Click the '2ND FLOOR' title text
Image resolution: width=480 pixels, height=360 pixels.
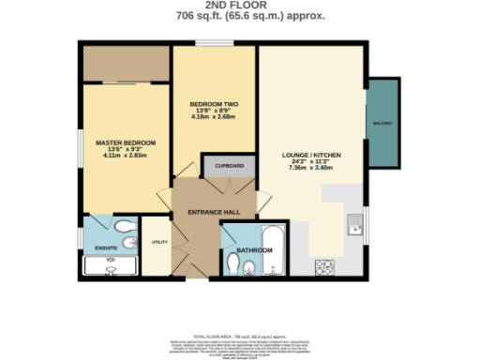click(x=239, y=6)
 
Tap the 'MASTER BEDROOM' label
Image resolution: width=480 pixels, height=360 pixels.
click(x=126, y=142)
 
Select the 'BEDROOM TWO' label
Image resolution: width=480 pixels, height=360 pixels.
click(x=214, y=103)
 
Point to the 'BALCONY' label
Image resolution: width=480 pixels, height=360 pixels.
click(x=382, y=124)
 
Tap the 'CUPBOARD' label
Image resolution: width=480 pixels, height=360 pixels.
click(x=230, y=166)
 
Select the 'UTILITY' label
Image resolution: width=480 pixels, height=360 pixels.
click(x=157, y=242)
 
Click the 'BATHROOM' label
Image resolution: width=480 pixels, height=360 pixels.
click(x=253, y=250)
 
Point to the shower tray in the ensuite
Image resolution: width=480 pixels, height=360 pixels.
click(x=110, y=265)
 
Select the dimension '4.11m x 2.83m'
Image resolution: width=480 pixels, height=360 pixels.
click(x=126, y=157)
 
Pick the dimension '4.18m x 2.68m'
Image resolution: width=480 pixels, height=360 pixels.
click(x=214, y=118)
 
